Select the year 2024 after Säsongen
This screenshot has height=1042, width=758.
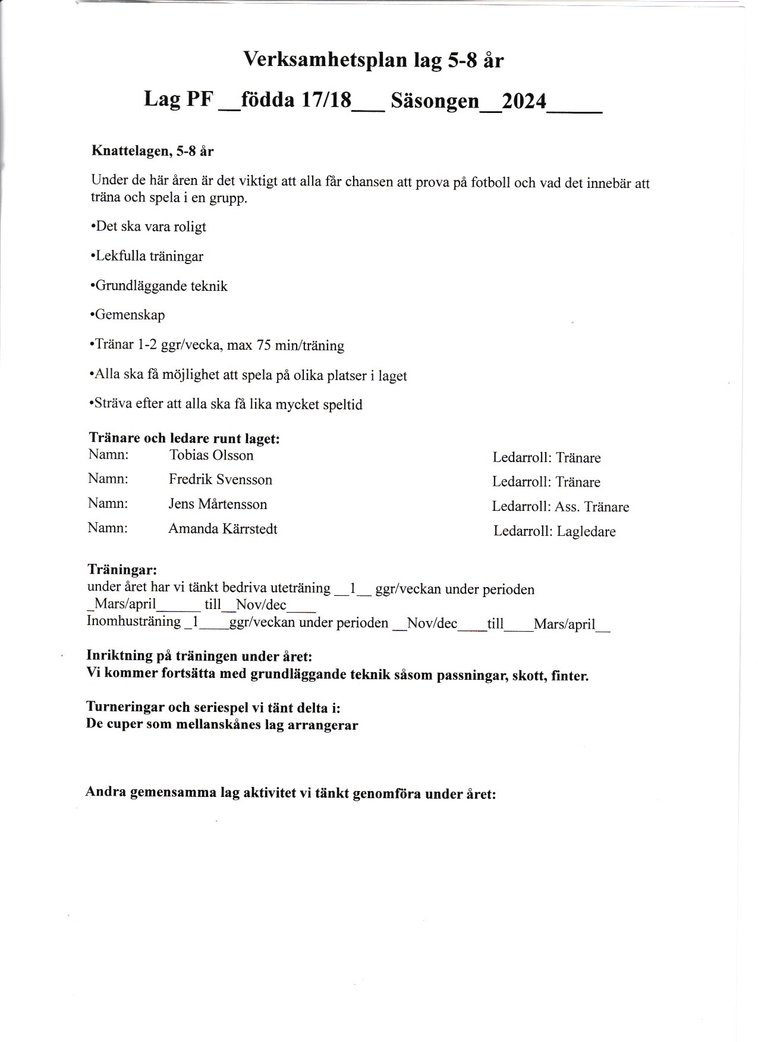coord(524,101)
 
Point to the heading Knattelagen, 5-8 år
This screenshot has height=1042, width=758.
coord(152,151)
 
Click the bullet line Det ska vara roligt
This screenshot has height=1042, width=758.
coord(149,227)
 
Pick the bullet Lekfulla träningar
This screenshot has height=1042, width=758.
coord(147,256)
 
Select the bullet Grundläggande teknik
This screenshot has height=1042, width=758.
coord(159,286)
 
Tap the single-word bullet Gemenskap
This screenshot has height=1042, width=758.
coord(128,315)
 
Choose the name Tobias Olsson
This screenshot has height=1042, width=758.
coord(212,456)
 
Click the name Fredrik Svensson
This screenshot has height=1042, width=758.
coord(220,480)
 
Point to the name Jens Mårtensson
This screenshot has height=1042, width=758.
coord(218,504)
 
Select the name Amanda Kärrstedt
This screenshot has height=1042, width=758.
coord(223,529)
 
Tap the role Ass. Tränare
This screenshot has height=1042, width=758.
coord(592,507)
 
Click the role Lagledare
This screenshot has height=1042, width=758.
coord(586,532)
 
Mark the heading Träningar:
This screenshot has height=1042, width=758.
coord(122,569)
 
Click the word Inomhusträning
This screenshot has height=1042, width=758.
coord(134,622)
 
